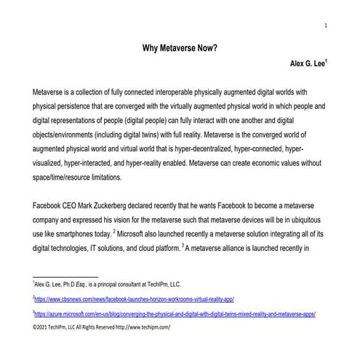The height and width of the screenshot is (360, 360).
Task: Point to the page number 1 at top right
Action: (x=325, y=25)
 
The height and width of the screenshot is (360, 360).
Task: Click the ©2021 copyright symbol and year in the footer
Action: (x=42, y=328)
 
